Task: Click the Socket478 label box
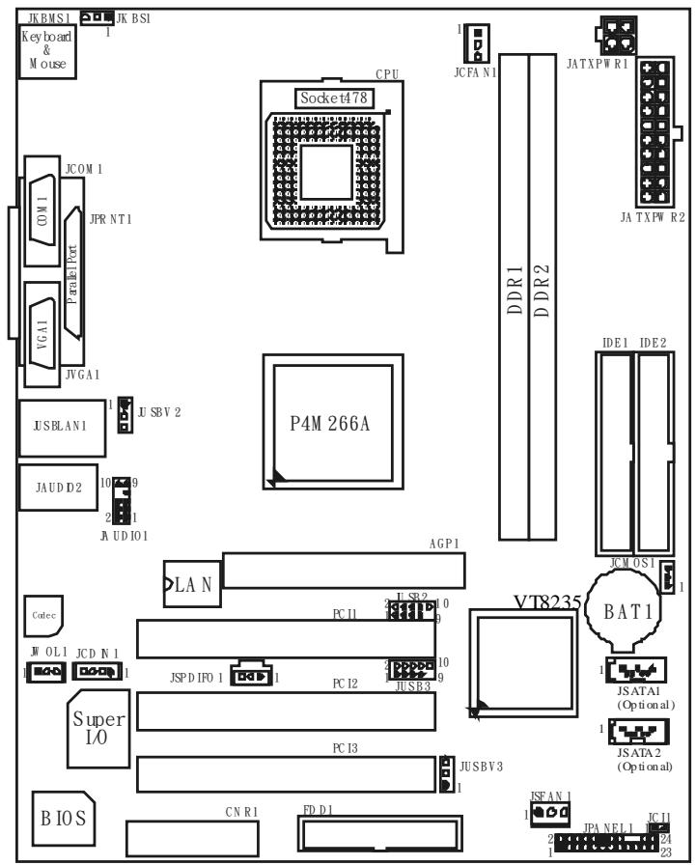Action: tap(334, 98)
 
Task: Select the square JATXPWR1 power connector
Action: tap(616, 36)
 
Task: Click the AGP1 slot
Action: tap(343, 570)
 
